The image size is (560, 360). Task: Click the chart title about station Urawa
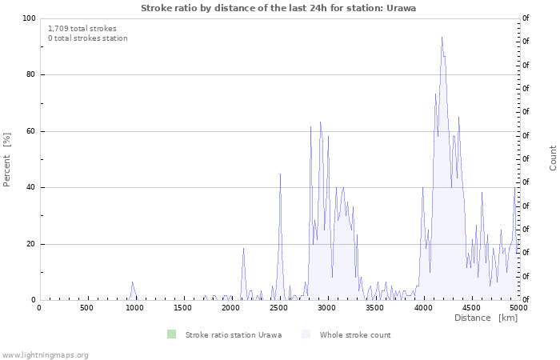click(278, 7)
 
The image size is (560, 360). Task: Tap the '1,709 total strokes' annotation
click(82, 28)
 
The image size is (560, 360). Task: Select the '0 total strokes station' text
click(87, 38)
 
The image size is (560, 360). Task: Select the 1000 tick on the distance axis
click(134, 308)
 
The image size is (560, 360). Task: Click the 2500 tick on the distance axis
click(278, 308)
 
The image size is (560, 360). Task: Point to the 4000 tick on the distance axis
click(422, 308)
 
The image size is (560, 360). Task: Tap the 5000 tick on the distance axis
click(518, 308)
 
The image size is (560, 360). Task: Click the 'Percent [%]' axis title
click(7, 159)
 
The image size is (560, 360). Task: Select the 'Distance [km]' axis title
click(486, 318)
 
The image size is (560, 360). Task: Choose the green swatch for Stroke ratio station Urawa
click(171, 334)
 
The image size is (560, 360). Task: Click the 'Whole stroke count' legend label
click(355, 335)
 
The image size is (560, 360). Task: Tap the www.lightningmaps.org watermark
click(45, 354)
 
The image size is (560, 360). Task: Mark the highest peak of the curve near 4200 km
click(442, 37)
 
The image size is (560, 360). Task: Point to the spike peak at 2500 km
click(280, 174)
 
